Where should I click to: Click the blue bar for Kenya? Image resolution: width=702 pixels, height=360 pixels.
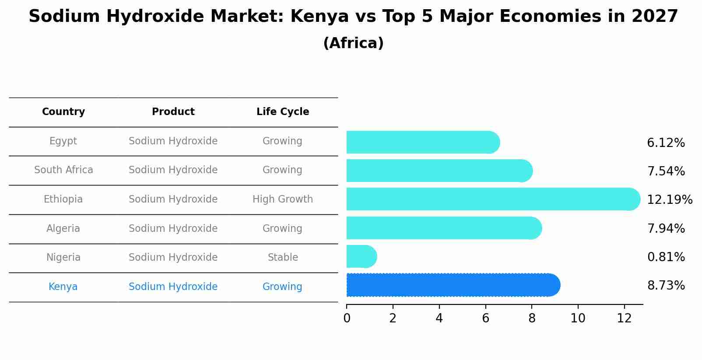[x=453, y=285]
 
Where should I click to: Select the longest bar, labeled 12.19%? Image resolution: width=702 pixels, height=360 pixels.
[x=492, y=199]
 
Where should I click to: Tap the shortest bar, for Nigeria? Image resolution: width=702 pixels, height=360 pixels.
[x=361, y=256]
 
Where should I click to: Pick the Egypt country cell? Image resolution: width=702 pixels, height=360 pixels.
[x=63, y=141]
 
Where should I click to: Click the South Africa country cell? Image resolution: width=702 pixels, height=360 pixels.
[x=63, y=170]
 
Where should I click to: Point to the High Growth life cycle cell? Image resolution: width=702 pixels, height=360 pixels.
[x=282, y=199]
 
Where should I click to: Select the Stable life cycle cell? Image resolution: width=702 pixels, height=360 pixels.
[x=282, y=258]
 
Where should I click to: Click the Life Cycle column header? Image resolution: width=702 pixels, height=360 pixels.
[x=282, y=112]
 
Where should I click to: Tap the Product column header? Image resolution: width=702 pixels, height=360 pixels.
[x=173, y=112]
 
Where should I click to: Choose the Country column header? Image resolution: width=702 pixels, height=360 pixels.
[x=63, y=112]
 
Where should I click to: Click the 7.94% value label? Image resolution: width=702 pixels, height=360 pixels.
[x=666, y=228]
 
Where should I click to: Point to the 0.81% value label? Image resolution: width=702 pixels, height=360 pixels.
[x=666, y=257]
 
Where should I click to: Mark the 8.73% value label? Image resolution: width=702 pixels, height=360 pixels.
[x=666, y=286]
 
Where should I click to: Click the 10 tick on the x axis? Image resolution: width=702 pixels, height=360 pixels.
[x=578, y=318]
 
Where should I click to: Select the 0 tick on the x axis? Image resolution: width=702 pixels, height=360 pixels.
[x=347, y=318]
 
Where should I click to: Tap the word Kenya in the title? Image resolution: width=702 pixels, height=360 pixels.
[x=319, y=17]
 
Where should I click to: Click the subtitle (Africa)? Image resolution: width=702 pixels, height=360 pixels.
[x=353, y=43]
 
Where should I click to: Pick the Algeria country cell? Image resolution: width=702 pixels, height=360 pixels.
[x=63, y=229]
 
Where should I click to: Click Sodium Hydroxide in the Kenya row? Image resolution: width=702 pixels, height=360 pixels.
[x=173, y=287]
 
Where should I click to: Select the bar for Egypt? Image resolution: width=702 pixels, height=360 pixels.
[x=422, y=142]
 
